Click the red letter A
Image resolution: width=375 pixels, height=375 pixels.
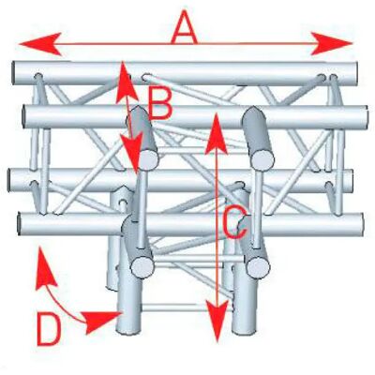[x=185, y=27]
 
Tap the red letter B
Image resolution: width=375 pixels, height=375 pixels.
[x=160, y=103]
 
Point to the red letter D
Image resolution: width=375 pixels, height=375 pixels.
[x=49, y=329]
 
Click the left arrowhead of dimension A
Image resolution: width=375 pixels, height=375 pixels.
[x=40, y=44]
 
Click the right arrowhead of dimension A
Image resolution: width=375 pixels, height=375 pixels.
[x=332, y=43]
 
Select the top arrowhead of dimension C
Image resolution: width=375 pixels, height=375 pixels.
[x=216, y=133]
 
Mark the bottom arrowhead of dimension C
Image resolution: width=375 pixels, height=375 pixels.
[x=217, y=321]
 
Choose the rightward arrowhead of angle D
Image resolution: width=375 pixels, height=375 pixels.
[x=101, y=321]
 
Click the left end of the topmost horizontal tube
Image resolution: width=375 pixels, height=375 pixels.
[x=14, y=73]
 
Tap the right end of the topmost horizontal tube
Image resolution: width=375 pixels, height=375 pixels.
[x=355, y=74]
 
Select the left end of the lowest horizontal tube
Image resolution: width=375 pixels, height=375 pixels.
[x=20, y=224]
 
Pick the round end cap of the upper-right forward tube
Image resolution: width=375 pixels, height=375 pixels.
[x=262, y=159]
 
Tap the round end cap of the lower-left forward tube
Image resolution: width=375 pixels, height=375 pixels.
[x=142, y=267]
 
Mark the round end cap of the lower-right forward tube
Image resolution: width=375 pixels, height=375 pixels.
[x=258, y=267]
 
